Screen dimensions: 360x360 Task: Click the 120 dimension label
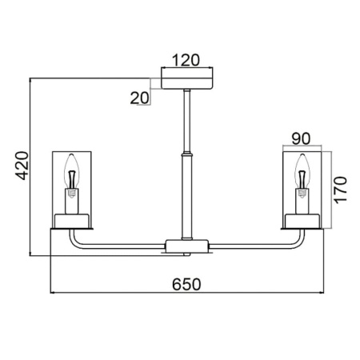(186, 60)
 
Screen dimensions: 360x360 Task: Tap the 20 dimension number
(139, 98)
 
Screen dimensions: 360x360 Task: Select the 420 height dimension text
(22, 166)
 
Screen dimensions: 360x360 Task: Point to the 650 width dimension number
(186, 284)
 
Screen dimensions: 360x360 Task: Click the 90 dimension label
(301, 138)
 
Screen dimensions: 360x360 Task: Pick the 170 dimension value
(341, 190)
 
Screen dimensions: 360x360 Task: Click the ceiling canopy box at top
(187, 78)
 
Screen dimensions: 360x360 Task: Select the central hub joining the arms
(187, 246)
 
